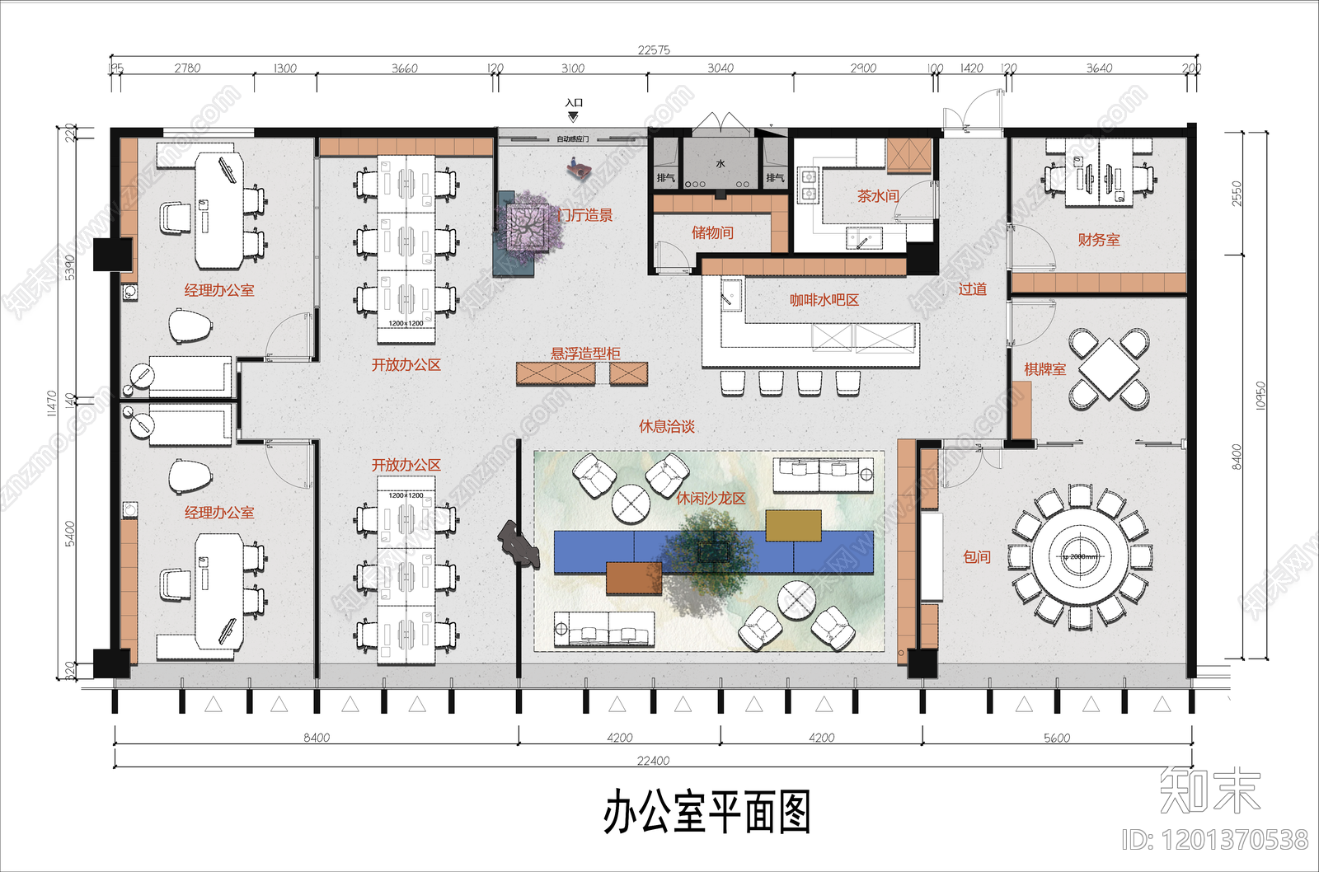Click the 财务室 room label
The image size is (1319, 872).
coord(1098,240)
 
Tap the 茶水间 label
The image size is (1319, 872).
coord(877,196)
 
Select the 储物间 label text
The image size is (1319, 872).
coord(712,232)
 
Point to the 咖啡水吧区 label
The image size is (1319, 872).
coord(824,300)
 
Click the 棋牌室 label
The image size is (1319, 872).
coord(1044,369)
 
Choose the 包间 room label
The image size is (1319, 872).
coord(977,557)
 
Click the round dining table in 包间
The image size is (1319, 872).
coord(1080,556)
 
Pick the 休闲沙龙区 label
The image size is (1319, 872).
coord(711,499)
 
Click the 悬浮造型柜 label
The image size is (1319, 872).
coord(585,354)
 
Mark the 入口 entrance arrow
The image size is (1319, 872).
coord(573,116)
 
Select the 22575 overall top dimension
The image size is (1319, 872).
coord(654,50)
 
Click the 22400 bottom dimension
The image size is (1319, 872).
coord(653,761)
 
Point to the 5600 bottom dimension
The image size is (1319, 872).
coord(1057,738)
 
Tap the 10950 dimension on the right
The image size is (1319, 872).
coord(1260,396)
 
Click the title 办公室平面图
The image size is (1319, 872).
coord(706,812)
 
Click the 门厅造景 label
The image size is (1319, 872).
coord(586,215)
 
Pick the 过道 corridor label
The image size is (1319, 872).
coord(972,289)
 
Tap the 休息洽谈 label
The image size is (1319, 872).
coord(667,426)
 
